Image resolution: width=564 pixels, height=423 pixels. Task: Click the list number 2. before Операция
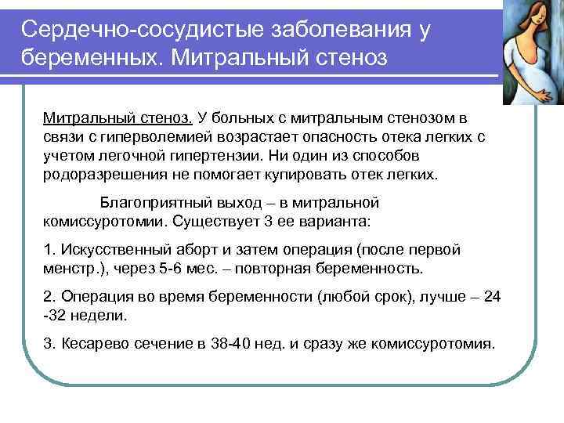49,298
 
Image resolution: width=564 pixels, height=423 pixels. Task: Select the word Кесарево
92,344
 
